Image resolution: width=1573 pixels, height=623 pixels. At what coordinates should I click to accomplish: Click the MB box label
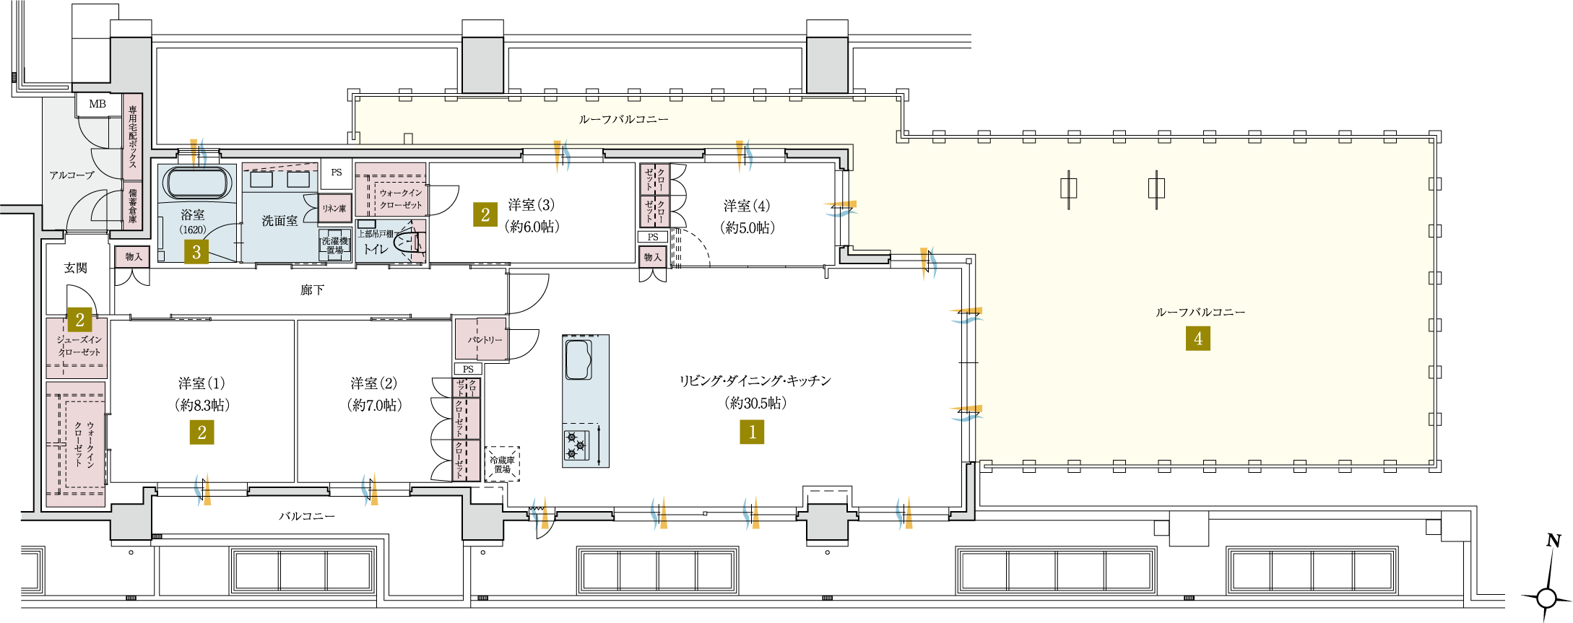[x=97, y=104]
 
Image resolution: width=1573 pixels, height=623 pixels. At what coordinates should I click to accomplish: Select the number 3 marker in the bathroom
[x=196, y=252]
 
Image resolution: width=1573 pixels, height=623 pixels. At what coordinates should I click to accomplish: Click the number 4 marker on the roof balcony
[x=1198, y=339]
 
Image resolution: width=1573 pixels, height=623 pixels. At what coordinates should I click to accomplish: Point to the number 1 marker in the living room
[x=752, y=432]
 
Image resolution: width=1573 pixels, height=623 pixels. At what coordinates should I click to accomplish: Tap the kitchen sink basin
[x=578, y=360]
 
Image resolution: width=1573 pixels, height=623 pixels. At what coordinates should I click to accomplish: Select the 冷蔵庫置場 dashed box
[x=502, y=464]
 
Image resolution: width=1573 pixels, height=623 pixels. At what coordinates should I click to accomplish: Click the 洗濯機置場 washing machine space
[x=334, y=245]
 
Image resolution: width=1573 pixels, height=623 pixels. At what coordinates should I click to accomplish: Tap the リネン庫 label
[x=334, y=209]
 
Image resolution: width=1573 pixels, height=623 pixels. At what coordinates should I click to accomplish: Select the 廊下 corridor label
[x=312, y=290]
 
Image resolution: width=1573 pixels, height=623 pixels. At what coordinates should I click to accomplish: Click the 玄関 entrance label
[x=75, y=269]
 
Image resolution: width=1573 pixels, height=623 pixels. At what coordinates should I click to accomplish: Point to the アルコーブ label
[x=71, y=175]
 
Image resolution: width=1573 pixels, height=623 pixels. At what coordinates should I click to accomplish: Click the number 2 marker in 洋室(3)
[x=485, y=214]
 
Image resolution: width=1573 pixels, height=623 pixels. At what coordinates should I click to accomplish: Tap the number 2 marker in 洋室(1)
[x=201, y=432]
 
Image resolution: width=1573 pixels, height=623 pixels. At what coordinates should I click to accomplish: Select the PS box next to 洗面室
[x=337, y=173]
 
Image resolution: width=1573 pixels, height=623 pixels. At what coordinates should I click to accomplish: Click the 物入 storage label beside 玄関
[x=134, y=257]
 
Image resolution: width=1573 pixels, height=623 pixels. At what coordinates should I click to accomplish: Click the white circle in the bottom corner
[x=1546, y=598]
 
